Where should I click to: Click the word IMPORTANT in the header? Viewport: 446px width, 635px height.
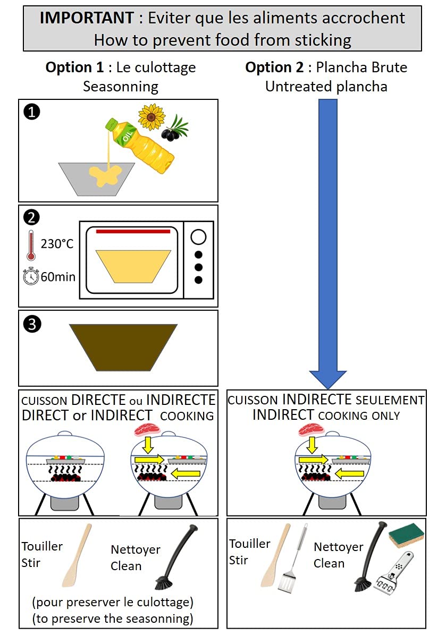[x=87, y=18]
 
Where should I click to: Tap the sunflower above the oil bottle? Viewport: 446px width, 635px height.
[x=152, y=117]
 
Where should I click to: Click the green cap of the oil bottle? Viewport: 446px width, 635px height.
[x=110, y=125]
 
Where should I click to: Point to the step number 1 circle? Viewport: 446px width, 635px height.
[x=31, y=112]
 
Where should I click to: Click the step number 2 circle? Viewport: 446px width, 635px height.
[x=31, y=217]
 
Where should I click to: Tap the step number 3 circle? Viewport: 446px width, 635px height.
[x=32, y=324]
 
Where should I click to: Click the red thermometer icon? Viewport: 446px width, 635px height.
[x=31, y=245]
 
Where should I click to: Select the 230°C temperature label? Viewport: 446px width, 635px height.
[x=57, y=244]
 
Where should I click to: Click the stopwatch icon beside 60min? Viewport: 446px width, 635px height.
[x=31, y=276]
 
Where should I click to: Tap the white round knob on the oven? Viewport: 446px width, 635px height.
[x=198, y=237]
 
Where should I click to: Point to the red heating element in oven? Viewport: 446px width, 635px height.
[x=133, y=231]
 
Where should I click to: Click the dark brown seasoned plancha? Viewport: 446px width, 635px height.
[x=123, y=348]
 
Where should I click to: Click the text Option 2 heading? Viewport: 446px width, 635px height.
[x=274, y=67]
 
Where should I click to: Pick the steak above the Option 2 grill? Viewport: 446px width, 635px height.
[x=311, y=430]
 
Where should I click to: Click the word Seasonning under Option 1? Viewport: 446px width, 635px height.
[x=121, y=87]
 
